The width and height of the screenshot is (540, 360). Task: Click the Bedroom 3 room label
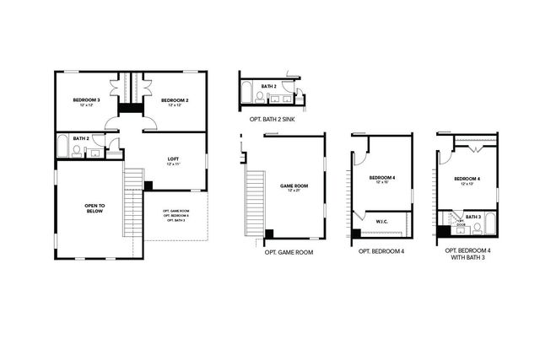86,102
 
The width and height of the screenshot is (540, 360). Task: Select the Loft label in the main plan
173,160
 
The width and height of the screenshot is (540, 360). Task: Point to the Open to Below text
94,208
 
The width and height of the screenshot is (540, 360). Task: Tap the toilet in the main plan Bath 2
78,151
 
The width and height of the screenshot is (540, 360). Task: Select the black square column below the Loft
148,185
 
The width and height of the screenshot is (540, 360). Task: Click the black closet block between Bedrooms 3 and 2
129,107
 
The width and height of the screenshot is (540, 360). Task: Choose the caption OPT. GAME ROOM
289,251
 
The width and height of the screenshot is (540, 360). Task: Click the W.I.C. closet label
381,222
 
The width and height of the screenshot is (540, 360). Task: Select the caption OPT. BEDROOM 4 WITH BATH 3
467,255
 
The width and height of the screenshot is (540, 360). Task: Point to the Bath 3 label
472,217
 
